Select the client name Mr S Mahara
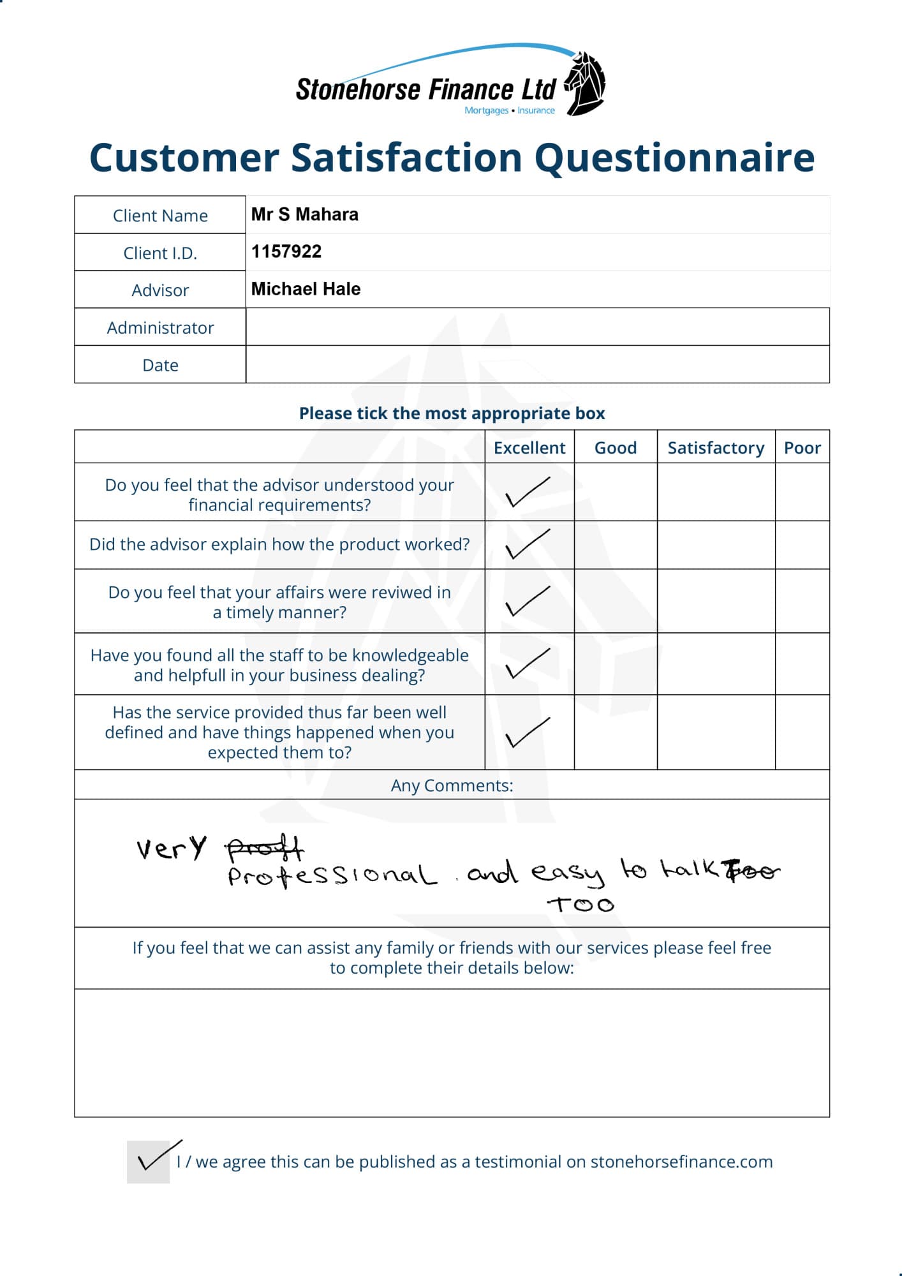tap(304, 214)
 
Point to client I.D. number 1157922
tap(286, 251)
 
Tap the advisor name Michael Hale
tap(306, 289)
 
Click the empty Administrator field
tap(537, 327)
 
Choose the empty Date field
tap(537, 365)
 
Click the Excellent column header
tap(529, 448)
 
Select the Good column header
tap(616, 448)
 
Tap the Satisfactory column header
tap(716, 448)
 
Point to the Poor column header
tap(802, 448)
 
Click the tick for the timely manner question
tap(527, 601)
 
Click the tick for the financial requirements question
tap(527, 492)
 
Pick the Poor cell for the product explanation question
tap(802, 545)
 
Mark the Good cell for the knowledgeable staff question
tap(616, 664)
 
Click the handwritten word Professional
tap(332, 875)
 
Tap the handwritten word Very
tap(171, 849)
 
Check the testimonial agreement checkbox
tap(149, 1162)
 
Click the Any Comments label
tap(452, 785)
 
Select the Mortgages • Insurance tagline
tap(509, 110)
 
